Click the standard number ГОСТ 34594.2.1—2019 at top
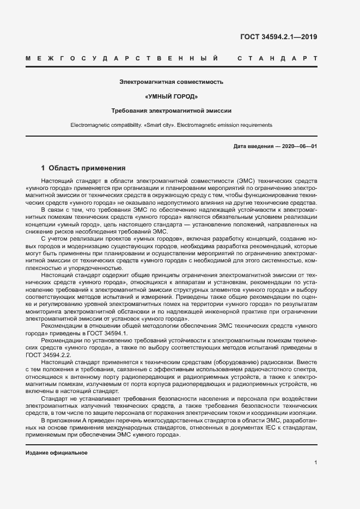click(278, 38)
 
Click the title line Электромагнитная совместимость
click(172, 82)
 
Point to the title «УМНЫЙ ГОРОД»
click(172, 96)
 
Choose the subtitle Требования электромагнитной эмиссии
click(172, 111)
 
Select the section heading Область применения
click(87, 168)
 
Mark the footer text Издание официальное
click(57, 453)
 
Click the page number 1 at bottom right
click(316, 463)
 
